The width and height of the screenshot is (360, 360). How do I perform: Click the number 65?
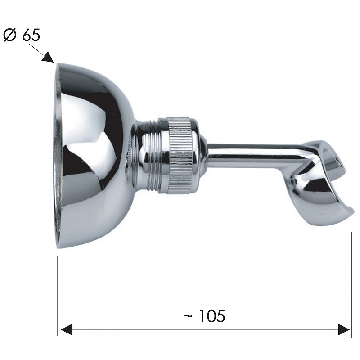pyautogui.click(x=31, y=35)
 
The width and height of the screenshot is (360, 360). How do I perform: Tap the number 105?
pyautogui.click(x=211, y=316)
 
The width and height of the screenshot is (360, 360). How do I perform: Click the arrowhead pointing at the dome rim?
pyautogui.click(x=49, y=58)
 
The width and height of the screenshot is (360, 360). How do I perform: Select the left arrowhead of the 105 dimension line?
pyautogui.click(x=66, y=330)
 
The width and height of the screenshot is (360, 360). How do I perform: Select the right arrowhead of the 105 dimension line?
pyautogui.click(x=344, y=330)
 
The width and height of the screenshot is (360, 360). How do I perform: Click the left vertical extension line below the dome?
pyautogui.click(x=57, y=296)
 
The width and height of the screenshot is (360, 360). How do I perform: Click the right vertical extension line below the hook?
pyautogui.click(x=351, y=285)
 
